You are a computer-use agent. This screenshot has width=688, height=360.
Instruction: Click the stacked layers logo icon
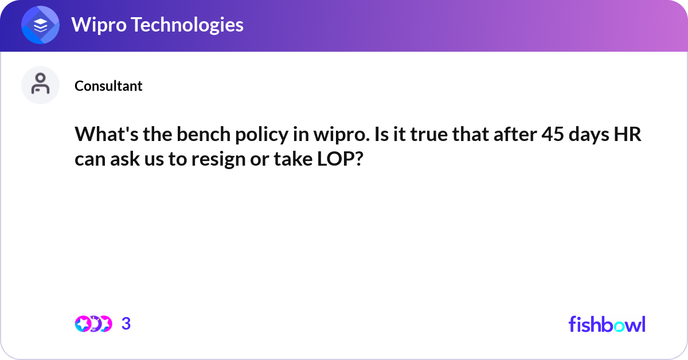tap(41, 25)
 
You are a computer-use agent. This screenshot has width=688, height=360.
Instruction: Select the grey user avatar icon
tap(40, 85)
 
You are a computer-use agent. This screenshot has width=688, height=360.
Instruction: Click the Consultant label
tap(108, 86)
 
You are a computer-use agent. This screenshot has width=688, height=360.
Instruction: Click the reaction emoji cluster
tap(93, 324)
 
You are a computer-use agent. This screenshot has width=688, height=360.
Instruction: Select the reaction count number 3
tap(126, 324)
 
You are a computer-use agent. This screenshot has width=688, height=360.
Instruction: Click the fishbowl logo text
tap(607, 324)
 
